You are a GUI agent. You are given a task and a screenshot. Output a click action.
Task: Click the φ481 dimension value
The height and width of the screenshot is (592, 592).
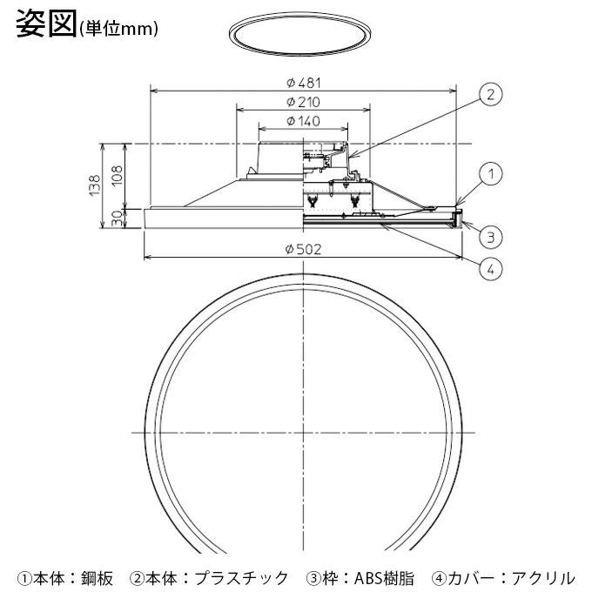(304, 83)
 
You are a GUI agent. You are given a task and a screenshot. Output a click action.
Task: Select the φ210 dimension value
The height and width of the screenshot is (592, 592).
(304, 103)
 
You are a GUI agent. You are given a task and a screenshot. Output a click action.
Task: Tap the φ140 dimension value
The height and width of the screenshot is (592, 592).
(304, 121)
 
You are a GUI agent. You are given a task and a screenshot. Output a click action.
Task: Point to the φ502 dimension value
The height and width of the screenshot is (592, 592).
(304, 249)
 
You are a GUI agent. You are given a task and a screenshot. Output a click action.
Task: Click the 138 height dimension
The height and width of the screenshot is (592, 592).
(95, 184)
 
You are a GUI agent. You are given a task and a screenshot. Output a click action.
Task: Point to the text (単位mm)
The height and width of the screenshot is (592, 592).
(118, 29)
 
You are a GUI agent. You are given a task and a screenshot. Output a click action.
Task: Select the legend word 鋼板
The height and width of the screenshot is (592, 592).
(97, 577)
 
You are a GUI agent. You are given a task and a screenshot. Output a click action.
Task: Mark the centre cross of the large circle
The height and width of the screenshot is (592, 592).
(304, 433)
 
